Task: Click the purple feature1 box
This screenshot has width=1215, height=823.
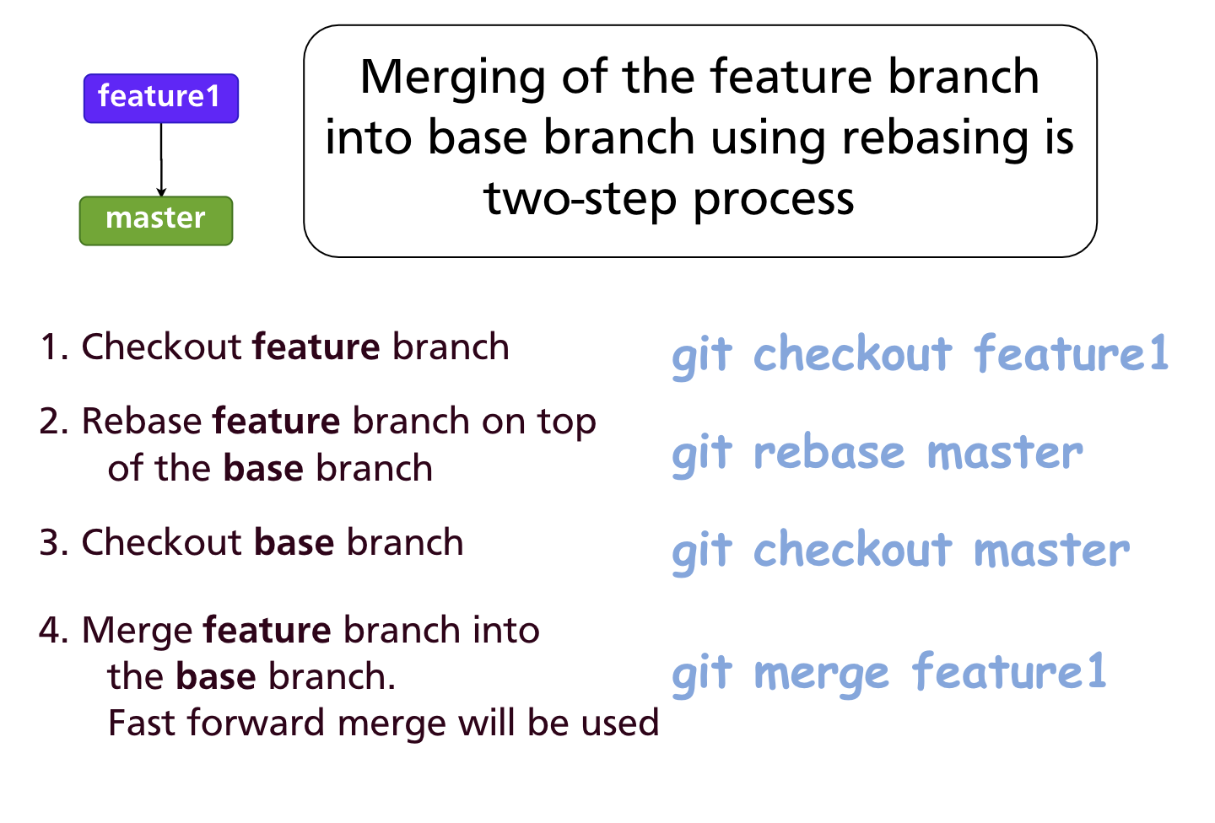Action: (160, 98)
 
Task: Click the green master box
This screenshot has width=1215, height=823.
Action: (155, 220)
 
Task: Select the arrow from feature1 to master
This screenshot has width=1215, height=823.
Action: (161, 160)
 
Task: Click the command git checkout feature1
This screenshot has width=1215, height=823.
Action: (920, 354)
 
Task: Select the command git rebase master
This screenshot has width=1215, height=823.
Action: (877, 454)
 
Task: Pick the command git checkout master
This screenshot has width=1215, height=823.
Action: (899, 551)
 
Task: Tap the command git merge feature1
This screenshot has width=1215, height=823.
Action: (888, 673)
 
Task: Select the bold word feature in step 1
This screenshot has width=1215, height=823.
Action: (316, 347)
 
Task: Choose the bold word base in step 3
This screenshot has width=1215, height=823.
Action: (294, 543)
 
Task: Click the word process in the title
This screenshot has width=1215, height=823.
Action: (774, 201)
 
